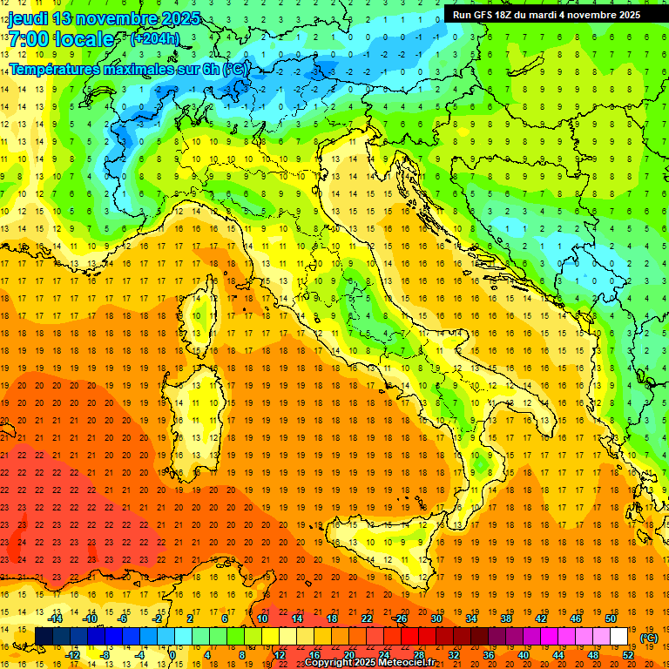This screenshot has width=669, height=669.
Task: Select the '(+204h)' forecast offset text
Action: [154, 38]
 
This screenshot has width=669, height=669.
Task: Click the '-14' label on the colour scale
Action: [55, 618]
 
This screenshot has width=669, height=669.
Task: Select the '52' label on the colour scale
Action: [627, 655]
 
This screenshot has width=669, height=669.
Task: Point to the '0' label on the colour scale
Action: [172, 655]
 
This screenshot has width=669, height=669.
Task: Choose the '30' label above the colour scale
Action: [436, 618]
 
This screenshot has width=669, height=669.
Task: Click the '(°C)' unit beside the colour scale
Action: [649, 638]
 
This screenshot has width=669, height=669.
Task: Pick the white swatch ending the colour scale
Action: [618, 637]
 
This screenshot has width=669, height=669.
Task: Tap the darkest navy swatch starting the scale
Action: [44, 637]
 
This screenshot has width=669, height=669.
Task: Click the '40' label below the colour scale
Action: [524, 655]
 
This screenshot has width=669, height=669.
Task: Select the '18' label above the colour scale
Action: [331, 618]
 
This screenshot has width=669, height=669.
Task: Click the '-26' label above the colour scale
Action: [400, 618]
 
